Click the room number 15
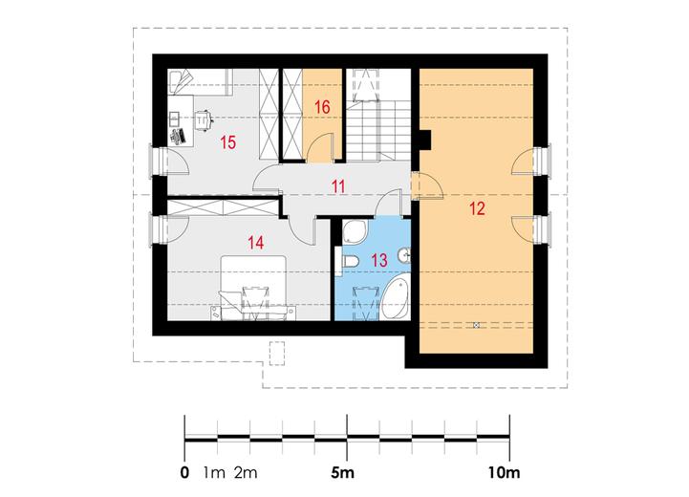[x=227, y=142]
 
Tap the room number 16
[x=323, y=107]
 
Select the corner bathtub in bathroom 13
[x=395, y=299]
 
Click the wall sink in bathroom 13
[x=405, y=254]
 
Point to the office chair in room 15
[x=204, y=119]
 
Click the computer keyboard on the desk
[x=178, y=133]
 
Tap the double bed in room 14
[x=253, y=287]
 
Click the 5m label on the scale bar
[x=342, y=472]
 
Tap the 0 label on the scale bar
[x=183, y=472]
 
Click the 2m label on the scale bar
[x=247, y=472]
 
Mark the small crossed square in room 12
[x=475, y=326]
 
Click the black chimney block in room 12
[x=427, y=140]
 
